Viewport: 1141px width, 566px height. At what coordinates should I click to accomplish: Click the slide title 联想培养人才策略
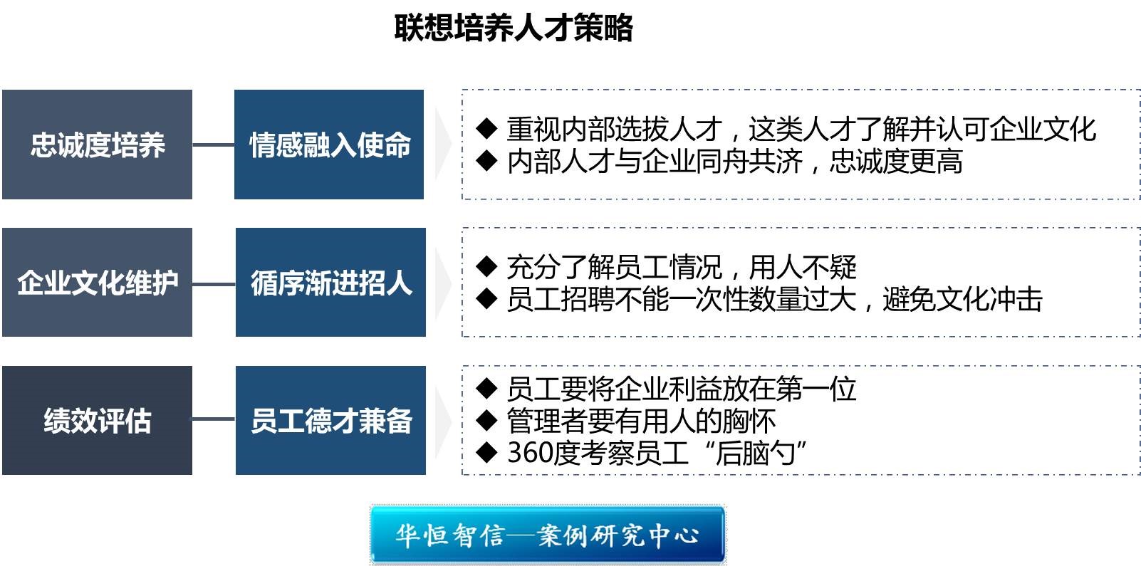click(x=514, y=28)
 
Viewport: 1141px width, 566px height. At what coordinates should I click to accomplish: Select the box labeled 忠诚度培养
click(x=98, y=145)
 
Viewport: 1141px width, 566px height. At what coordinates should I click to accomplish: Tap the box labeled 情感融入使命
click(x=329, y=145)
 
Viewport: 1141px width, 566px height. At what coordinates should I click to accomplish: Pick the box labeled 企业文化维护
click(x=98, y=283)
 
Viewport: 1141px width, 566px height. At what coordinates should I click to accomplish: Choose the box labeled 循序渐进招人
click(x=330, y=283)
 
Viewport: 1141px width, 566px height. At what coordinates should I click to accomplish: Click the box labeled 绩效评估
click(x=98, y=421)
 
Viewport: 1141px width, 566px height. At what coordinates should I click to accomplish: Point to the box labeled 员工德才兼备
click(x=330, y=421)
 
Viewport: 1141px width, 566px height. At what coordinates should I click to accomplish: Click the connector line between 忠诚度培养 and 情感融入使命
click(x=214, y=145)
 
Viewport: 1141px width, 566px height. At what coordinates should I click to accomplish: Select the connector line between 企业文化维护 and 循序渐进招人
click(x=214, y=284)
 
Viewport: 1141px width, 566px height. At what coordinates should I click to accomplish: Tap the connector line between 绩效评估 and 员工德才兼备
click(x=214, y=419)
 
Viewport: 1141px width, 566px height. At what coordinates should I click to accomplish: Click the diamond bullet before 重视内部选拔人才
click(x=487, y=128)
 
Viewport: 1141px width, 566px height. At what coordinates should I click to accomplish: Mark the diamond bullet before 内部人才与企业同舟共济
click(x=487, y=161)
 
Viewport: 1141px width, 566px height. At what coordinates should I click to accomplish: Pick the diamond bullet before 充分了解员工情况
click(x=487, y=266)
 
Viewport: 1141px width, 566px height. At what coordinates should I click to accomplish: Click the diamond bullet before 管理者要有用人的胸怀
click(x=487, y=420)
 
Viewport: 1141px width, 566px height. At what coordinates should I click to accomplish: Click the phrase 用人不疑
click(x=803, y=267)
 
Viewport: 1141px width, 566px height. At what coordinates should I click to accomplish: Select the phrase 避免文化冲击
click(x=963, y=299)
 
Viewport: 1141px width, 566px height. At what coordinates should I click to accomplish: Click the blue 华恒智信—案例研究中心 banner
click(x=548, y=535)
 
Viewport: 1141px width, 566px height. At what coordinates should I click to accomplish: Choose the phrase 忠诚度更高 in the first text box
click(x=896, y=162)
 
